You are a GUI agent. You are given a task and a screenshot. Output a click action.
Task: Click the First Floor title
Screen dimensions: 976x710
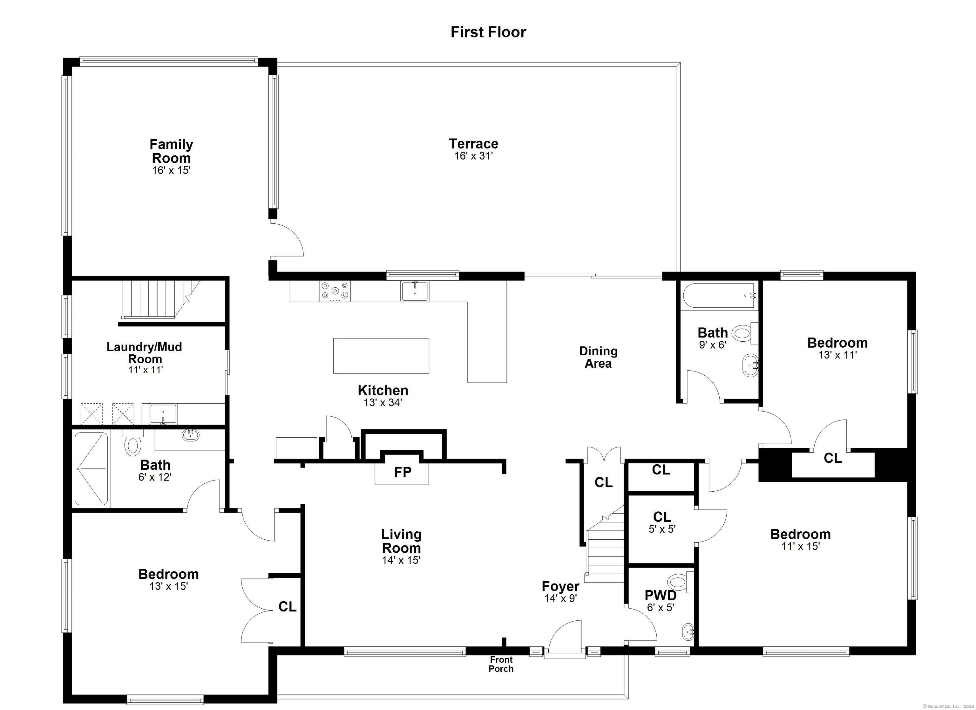click(x=488, y=32)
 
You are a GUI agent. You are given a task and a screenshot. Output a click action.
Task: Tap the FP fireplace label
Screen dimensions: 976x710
click(x=403, y=472)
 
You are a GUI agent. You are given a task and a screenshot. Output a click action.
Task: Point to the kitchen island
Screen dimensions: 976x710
click(x=381, y=356)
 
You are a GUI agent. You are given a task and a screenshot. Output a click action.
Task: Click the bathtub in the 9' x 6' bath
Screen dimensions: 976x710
click(x=720, y=295)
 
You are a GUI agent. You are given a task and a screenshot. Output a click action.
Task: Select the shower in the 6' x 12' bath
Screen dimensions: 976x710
click(x=91, y=468)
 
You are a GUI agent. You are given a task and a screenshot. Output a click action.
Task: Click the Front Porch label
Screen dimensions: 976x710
click(x=501, y=664)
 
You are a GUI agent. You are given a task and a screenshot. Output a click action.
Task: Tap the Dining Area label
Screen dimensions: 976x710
click(x=598, y=357)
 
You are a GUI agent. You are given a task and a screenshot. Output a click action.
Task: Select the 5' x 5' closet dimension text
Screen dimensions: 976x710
click(x=662, y=529)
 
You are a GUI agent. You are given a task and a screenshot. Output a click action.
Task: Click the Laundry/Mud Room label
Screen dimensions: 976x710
click(x=145, y=353)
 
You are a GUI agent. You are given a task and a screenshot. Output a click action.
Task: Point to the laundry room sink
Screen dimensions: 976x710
click(x=164, y=414)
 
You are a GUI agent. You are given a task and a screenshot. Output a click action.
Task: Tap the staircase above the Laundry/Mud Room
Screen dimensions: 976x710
click(x=160, y=300)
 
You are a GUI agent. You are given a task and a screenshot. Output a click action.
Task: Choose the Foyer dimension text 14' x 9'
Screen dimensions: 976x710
click(x=560, y=598)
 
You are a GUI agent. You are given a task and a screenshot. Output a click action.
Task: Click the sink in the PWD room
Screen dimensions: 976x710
click(x=688, y=632)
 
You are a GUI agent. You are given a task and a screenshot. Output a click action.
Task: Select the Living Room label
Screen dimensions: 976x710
click(x=401, y=541)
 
